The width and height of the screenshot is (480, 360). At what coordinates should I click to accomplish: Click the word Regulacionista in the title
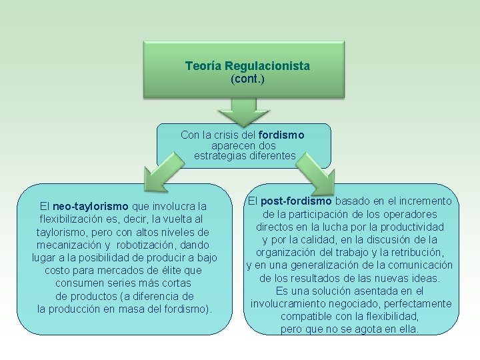click(267, 67)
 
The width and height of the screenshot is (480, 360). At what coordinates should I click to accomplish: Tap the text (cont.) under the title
click(247, 79)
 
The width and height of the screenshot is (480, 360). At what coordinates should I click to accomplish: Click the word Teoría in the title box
click(203, 67)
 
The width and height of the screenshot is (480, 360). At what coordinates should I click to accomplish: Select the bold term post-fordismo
click(297, 201)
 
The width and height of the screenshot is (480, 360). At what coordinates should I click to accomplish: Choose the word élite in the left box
click(169, 271)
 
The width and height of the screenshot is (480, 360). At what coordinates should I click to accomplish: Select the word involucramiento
click(287, 304)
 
